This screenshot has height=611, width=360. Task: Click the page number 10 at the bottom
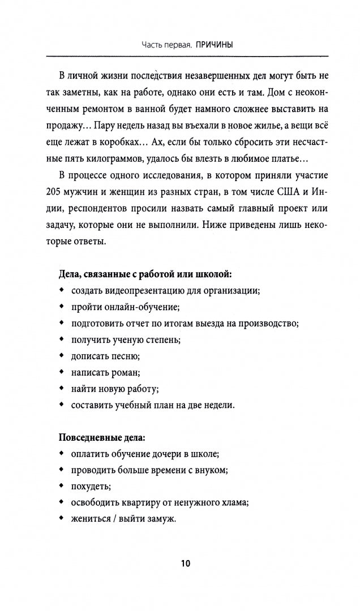pyautogui.click(x=186, y=563)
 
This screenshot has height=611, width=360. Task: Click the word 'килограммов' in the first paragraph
pyautogui.click(x=119, y=158)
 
